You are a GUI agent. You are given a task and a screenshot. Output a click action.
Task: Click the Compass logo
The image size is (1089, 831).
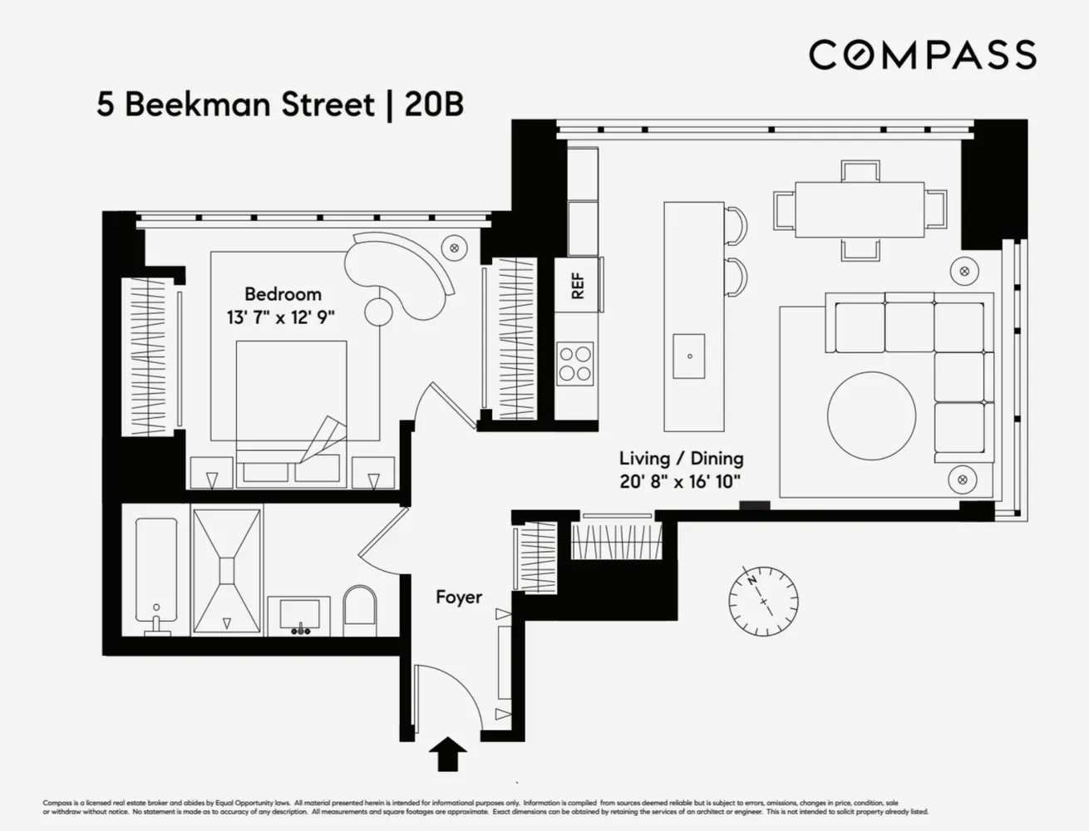tap(922, 55)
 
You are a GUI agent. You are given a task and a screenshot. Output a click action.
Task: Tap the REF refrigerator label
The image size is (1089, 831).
tap(577, 286)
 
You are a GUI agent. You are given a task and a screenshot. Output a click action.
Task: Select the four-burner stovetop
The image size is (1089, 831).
tap(575, 363)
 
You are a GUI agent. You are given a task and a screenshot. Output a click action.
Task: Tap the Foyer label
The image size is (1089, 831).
tap(459, 597)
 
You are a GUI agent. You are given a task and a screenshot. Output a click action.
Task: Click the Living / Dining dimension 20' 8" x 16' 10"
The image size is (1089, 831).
tap(680, 481)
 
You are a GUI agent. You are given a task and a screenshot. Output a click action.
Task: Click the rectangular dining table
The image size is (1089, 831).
tap(860, 205)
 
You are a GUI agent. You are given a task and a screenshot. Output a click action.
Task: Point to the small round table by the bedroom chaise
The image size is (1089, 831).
tap(379, 310)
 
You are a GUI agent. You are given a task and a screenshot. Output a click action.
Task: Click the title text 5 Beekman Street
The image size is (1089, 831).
tap(235, 106)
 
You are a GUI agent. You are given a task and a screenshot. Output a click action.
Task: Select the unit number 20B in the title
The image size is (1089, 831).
tap(433, 106)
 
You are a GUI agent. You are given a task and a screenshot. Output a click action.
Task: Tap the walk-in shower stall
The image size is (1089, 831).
tap(227, 572)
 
